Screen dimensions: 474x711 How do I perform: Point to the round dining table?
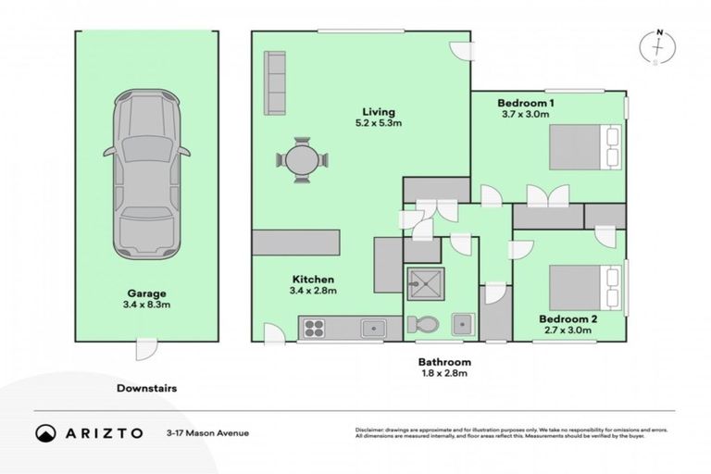click(x=301, y=159)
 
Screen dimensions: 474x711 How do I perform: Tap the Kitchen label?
click(x=314, y=279)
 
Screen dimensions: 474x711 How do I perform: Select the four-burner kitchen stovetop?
click(x=314, y=327)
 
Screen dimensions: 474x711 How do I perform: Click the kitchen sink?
click(x=374, y=327)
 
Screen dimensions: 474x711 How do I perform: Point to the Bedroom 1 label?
click(x=526, y=101)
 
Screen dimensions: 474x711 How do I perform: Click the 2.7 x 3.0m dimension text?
click(x=568, y=331)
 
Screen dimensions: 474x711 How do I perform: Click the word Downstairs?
click(x=146, y=389)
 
